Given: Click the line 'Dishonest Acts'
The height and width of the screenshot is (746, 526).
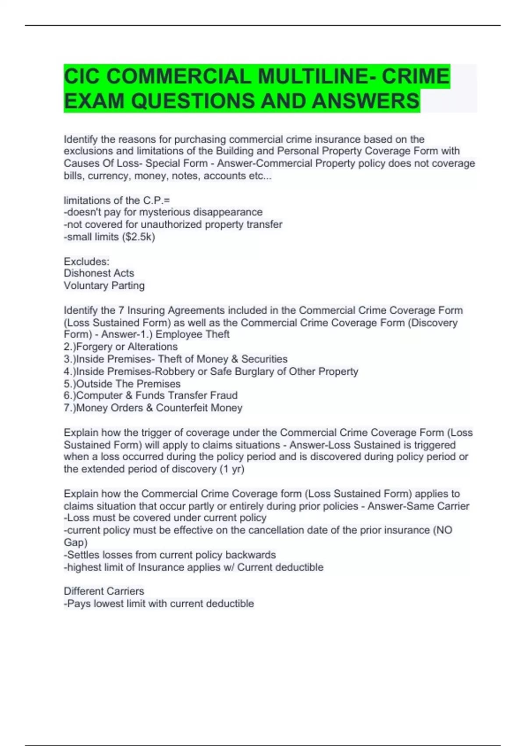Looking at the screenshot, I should point(99,273).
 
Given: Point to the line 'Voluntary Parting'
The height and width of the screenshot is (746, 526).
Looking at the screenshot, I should point(104,286).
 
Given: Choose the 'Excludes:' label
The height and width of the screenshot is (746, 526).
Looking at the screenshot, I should point(86,262).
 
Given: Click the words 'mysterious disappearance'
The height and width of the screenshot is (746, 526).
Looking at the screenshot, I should point(201,212).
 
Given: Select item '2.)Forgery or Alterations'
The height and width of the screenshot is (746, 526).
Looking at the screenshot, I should point(121,347).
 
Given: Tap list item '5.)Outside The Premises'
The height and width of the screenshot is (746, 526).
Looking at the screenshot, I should point(122,384).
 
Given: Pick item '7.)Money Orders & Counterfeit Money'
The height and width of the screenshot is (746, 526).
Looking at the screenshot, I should point(153,408).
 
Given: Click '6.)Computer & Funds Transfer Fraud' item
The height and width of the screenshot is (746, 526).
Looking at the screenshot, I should point(150,395).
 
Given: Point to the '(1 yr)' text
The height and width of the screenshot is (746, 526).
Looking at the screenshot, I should point(232,469).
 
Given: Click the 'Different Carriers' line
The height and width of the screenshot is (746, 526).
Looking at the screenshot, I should point(104,591).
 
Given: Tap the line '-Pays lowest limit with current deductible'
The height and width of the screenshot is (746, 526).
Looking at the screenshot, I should point(159,604).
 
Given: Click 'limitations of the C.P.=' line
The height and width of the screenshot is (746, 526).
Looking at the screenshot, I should point(117,201).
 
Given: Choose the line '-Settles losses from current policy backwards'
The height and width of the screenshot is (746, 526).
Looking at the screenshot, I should point(170,555).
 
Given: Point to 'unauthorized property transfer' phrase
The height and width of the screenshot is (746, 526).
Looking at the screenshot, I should point(211,225).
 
